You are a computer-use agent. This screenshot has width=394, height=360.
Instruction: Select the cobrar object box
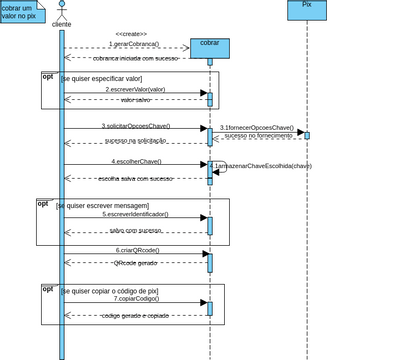pyautogui.click(x=209, y=47)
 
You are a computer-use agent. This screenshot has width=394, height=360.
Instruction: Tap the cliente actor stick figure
pyautogui.click(x=61, y=11)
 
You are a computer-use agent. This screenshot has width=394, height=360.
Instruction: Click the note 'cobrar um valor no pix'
pyautogui.click(x=20, y=12)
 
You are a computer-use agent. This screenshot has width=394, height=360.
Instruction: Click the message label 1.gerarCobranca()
pyautogui.click(x=134, y=45)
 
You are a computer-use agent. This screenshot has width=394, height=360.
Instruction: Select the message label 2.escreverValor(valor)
pyautogui.click(x=135, y=90)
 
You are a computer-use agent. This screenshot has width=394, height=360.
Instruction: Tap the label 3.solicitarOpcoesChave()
pyautogui.click(x=135, y=126)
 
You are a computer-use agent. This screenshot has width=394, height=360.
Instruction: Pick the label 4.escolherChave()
pyautogui.click(x=135, y=161)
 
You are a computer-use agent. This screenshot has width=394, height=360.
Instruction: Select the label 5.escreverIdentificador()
pyautogui.click(x=135, y=214)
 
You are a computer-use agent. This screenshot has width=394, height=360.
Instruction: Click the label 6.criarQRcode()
pyautogui.click(x=136, y=250)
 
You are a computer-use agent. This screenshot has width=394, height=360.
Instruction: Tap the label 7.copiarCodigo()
pyautogui.click(x=136, y=298)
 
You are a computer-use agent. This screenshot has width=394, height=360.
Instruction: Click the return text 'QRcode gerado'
pyautogui.click(x=135, y=263)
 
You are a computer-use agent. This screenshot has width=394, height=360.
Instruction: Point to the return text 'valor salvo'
pyautogui.click(x=135, y=100)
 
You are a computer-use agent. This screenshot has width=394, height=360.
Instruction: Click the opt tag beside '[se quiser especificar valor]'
pyautogui.click(x=48, y=76)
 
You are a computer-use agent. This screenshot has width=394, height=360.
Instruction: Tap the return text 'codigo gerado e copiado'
pyautogui.click(x=136, y=315)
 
